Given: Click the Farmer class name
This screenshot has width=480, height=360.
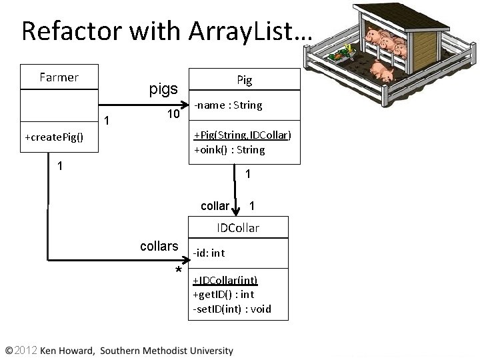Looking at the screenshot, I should (x=59, y=77).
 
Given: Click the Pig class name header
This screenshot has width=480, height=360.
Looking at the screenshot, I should (x=245, y=80).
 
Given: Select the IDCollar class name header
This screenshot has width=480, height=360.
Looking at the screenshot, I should (x=238, y=228).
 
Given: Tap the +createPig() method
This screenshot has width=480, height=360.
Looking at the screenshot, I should (x=54, y=137).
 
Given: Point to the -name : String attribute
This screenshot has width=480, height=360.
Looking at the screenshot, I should (x=228, y=105).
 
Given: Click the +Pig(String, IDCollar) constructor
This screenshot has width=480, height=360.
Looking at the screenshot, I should (x=242, y=135).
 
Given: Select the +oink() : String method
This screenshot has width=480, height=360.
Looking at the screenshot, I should (x=229, y=150).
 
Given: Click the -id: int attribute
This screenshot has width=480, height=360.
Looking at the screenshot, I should (x=209, y=253).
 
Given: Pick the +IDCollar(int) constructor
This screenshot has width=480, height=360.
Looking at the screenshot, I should (x=225, y=280).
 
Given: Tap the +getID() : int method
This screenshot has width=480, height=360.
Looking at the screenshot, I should (x=223, y=294).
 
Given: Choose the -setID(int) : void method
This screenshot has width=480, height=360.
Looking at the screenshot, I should (x=231, y=309).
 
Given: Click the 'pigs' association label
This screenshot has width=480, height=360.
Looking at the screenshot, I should (x=163, y=89).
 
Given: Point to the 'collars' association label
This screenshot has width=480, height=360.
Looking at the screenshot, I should (x=159, y=247).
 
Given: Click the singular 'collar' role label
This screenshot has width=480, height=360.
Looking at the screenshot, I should (x=215, y=206).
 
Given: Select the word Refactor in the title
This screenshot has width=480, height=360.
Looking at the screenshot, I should (x=63, y=31).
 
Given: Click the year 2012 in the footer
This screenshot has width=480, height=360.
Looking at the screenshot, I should (x=25, y=350).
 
